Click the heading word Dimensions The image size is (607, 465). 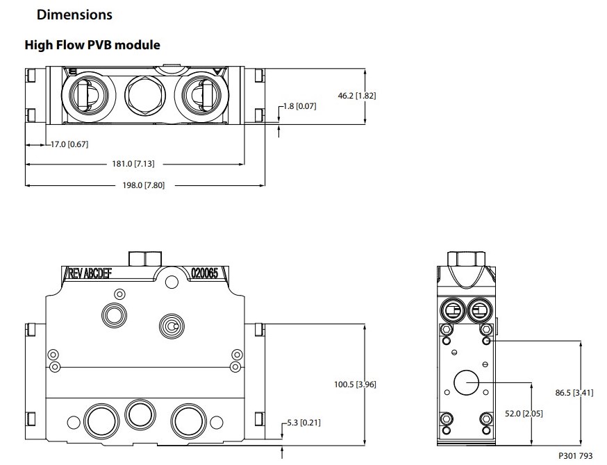coord(74,14)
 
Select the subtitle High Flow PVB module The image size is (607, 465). coord(92,45)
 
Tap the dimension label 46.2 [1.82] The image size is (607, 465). coord(356,96)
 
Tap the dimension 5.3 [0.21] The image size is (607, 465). coord(303,422)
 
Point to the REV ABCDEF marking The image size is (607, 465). coord(90,273)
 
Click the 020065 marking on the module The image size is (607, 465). coord(204,273)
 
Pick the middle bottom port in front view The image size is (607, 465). coord(138,415)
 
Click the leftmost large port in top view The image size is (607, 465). coord(89,93)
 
